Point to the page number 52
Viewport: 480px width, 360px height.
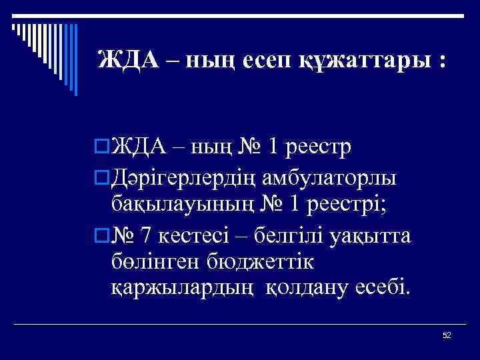(x=447, y=335)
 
